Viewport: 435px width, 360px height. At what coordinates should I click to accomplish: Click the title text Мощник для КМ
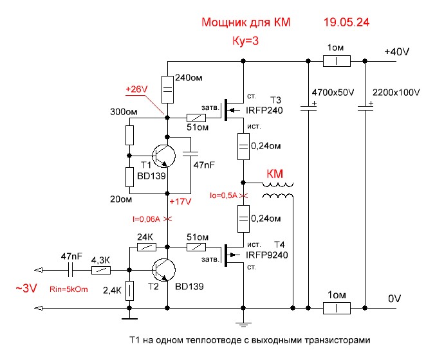pos(246,22)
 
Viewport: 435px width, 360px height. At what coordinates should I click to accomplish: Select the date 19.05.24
pos(347,22)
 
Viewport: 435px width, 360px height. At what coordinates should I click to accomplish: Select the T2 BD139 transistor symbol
pos(164,269)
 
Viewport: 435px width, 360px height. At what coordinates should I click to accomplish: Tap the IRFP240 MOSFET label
pos(264,110)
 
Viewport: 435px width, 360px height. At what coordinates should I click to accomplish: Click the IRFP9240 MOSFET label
pos(266,255)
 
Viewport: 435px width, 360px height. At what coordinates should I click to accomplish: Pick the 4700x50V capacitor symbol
pos(310,108)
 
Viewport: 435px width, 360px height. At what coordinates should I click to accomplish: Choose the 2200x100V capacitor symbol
pos(365,108)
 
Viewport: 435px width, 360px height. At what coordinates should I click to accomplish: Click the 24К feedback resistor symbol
pos(147,247)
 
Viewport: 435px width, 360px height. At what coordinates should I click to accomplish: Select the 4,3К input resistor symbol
pos(100,271)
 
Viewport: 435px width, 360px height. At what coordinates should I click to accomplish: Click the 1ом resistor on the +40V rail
pos(337,62)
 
